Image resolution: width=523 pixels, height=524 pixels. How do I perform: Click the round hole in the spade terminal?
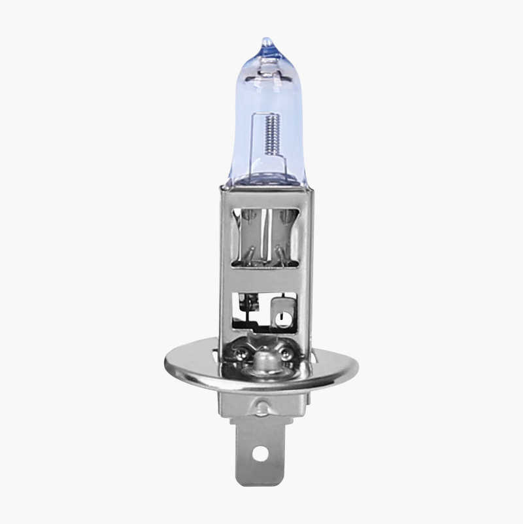click(261, 451)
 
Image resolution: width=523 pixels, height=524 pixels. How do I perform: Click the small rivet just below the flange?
click(261, 408)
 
